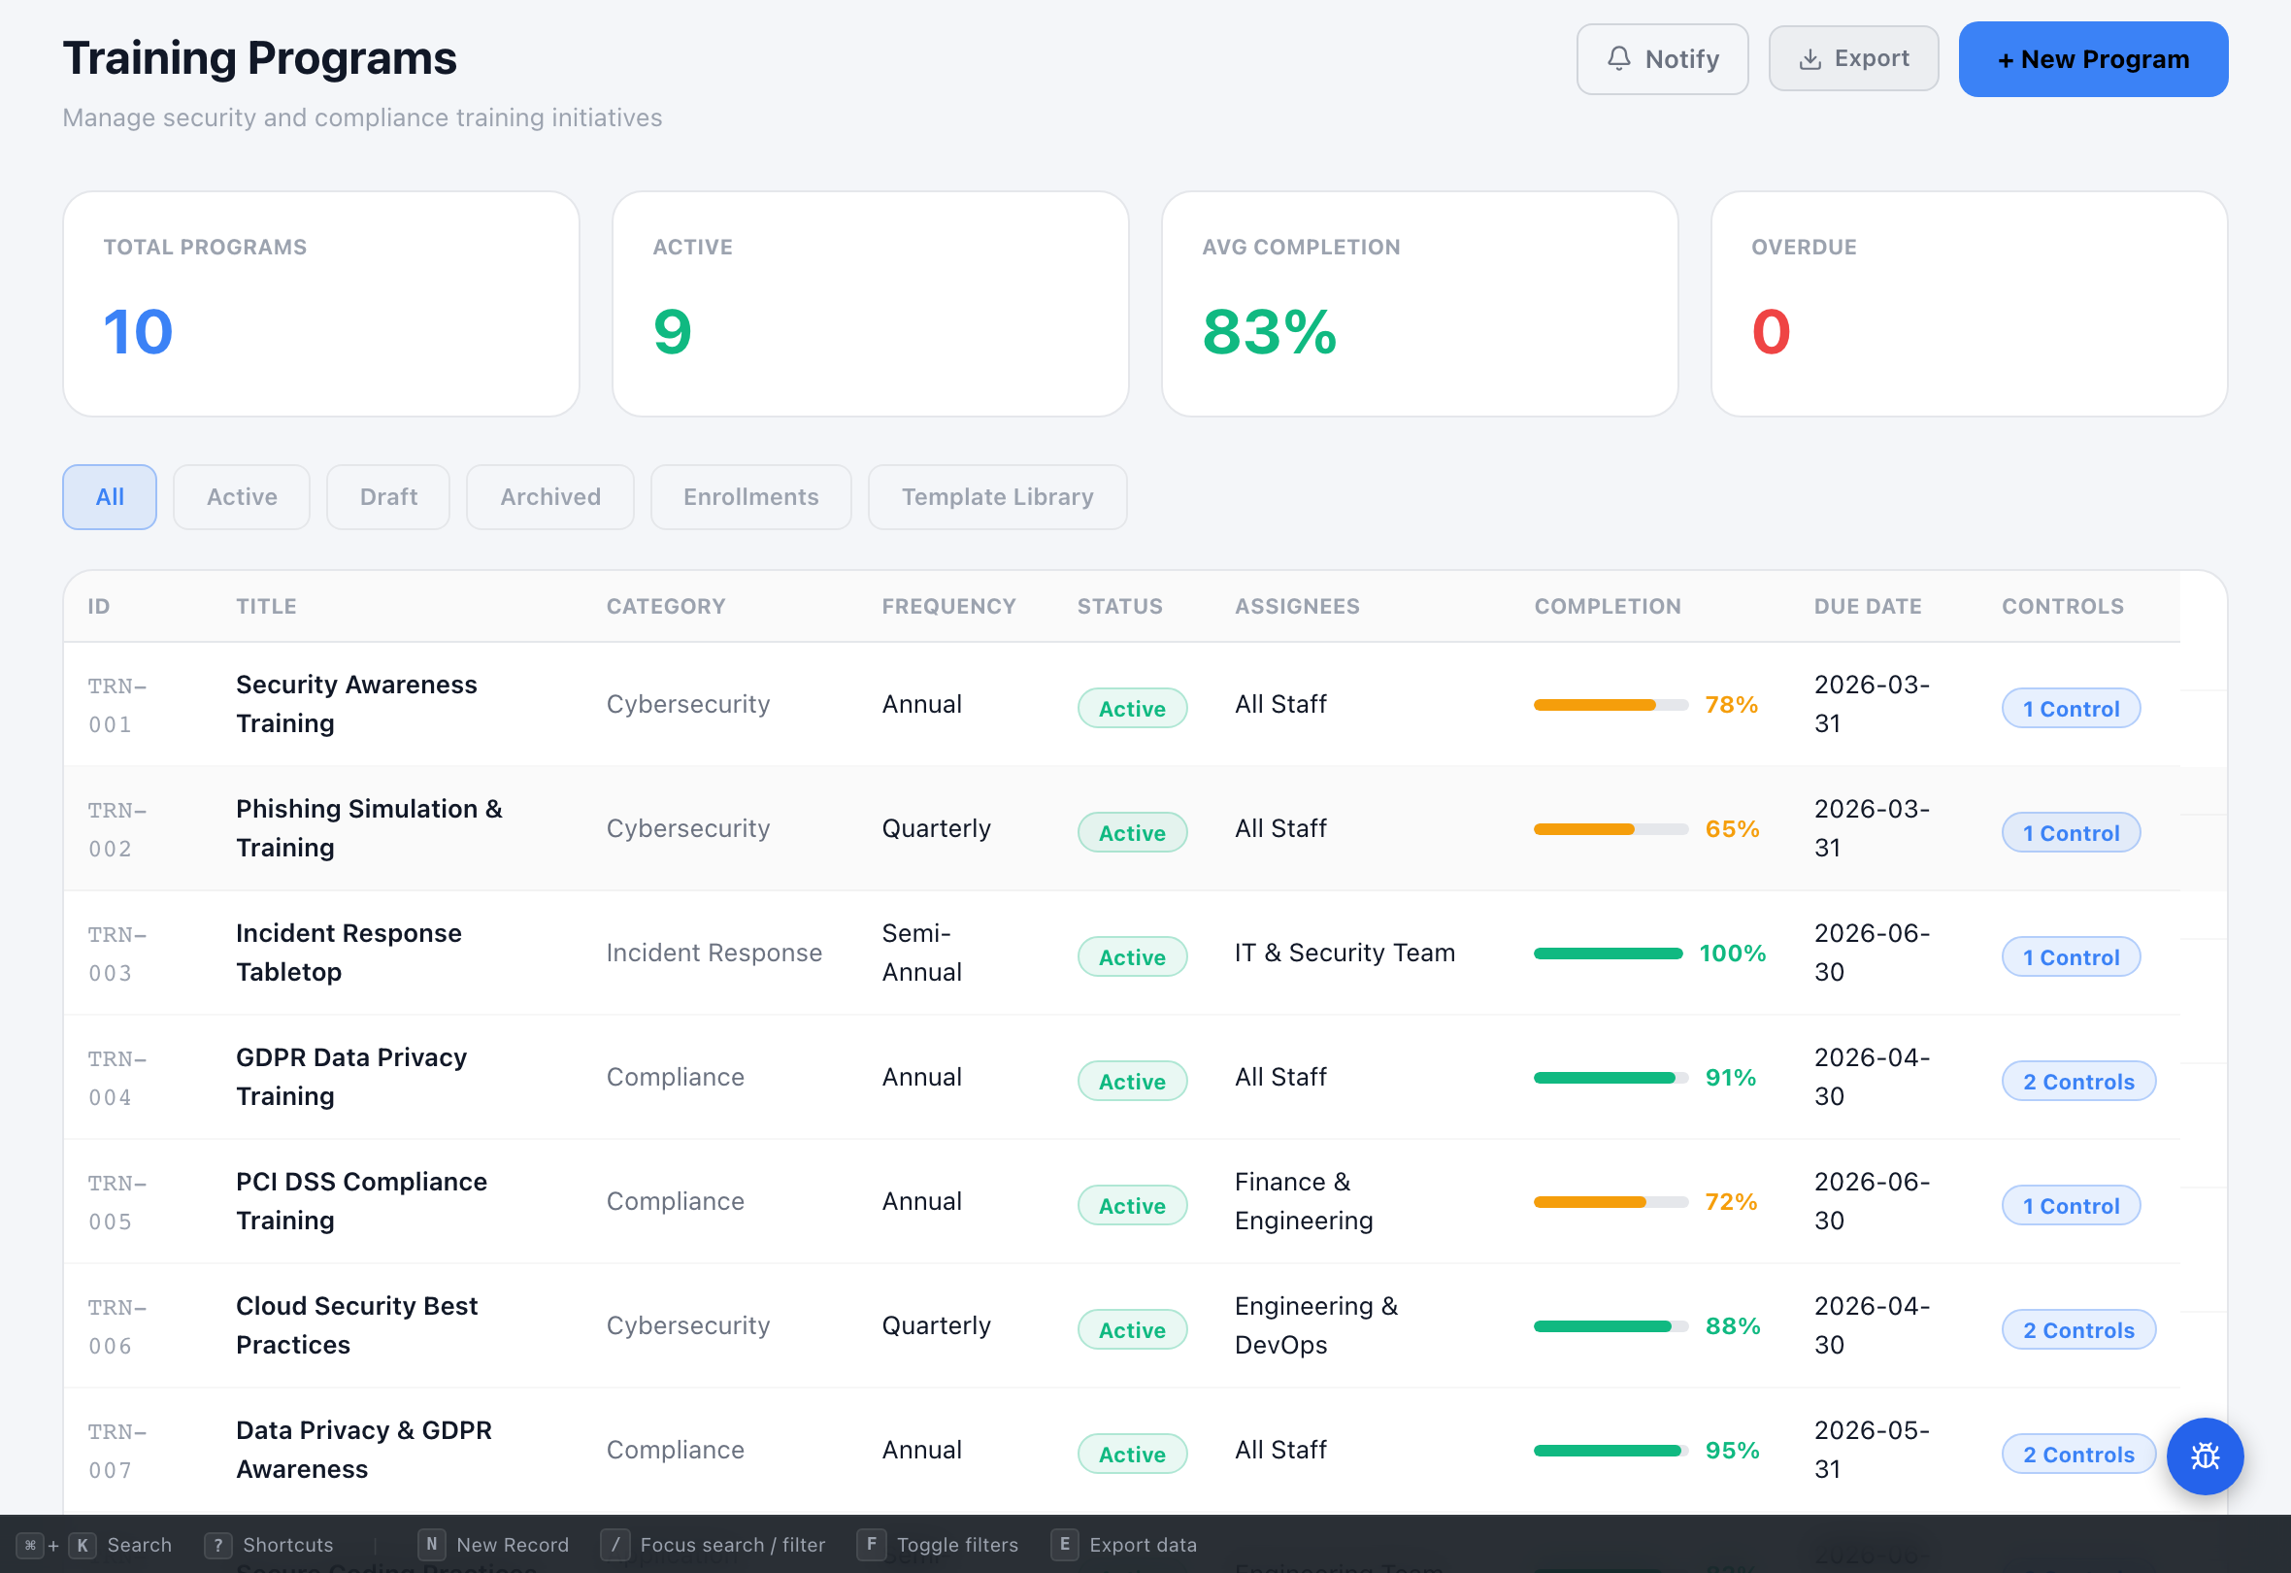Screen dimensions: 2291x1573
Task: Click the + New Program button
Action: coord(2092,59)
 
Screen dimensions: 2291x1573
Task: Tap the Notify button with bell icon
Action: coord(1662,59)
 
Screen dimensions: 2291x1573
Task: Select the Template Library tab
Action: coord(997,497)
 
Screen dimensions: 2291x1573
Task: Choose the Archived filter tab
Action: coord(550,497)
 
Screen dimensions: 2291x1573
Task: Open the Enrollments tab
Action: coord(750,497)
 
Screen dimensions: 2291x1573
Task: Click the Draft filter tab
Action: coord(388,497)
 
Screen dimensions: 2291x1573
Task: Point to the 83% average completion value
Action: coord(1269,331)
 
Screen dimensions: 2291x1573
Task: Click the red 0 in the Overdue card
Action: coord(1771,331)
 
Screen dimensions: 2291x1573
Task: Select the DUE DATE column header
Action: coord(1867,607)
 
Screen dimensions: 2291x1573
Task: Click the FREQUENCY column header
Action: coord(948,607)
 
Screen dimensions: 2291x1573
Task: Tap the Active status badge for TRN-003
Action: coord(1132,956)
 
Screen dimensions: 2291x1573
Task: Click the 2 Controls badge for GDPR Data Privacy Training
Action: coord(2078,1081)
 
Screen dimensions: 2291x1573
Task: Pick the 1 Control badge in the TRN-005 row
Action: coord(2071,1205)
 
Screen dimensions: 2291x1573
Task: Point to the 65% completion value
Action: coord(1732,828)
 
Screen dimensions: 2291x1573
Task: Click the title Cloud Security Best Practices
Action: coord(357,1325)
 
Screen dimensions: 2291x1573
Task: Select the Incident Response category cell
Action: coord(714,953)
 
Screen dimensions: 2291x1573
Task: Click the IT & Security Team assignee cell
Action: coord(1345,953)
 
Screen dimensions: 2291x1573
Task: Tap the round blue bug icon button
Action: coord(2205,1456)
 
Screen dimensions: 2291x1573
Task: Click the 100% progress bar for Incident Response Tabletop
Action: coord(1608,954)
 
